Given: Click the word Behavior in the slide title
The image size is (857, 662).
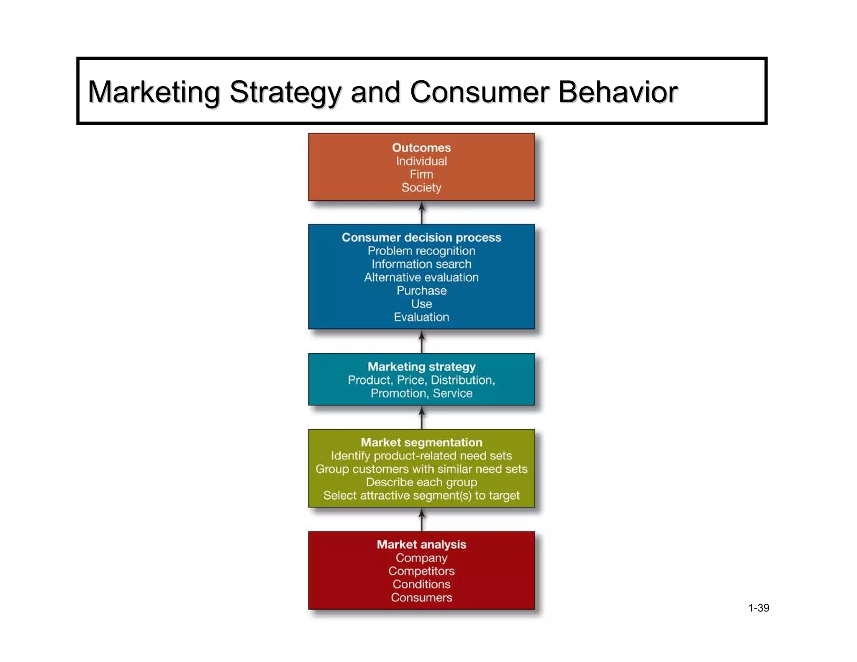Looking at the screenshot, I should pos(618,92).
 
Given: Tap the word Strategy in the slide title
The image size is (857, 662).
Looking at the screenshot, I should pos(285,92).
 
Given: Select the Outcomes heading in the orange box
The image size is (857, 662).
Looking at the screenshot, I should pos(421,148).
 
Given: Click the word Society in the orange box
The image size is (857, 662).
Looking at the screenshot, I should pos(421,187).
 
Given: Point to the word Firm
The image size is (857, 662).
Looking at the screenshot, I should pos(421,174).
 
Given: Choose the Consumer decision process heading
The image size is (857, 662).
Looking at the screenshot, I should pos(421,237).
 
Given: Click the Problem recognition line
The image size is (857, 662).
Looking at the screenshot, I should pos(421,251).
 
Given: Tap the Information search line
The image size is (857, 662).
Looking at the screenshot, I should pos(421,264).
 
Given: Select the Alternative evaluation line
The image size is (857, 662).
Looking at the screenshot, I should pos(421,277).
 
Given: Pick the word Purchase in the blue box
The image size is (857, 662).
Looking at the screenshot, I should pos(421,290).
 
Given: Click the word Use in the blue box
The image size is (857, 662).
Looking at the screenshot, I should pos(421,304).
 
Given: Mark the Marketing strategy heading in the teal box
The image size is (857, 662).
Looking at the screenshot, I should pos(421,367).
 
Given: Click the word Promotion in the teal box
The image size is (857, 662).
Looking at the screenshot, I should pos(399,393).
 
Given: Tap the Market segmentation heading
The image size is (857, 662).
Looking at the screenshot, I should pos(421,442).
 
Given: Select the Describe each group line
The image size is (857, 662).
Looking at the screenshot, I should pos(421,482).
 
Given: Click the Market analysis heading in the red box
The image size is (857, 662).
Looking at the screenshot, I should pos(421,544).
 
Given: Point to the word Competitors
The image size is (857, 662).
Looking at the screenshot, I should pos(421,571).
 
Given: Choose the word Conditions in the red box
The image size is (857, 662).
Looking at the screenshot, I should pos(421,584).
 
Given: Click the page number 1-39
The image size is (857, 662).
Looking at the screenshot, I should pos(758,608).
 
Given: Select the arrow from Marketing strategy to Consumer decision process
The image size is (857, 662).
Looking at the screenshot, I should pos(421,341).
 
